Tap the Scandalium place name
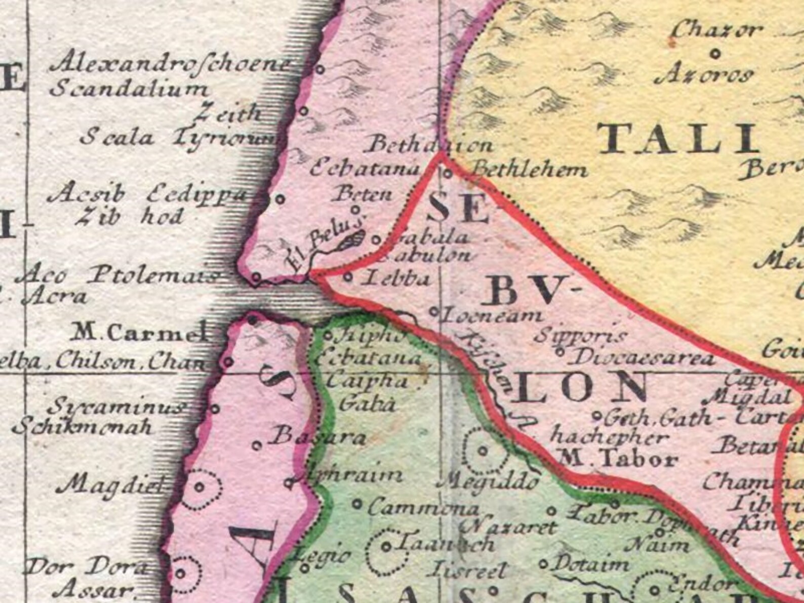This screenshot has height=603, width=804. tap(129, 90)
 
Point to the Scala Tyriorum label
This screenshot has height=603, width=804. tap(180, 137)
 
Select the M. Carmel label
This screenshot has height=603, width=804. tap(140, 333)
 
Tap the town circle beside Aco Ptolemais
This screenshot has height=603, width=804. tap(257, 277)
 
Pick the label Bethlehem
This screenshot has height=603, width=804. tap(530, 171)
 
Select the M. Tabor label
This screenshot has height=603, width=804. tap(617, 459)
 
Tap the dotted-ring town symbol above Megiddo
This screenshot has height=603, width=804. tap(483, 450)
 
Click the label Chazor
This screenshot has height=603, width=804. tap(717, 30)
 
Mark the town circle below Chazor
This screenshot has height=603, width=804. tap(716, 52)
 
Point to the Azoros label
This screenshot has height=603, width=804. tap(704, 76)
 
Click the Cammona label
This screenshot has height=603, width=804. tap(423, 507)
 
